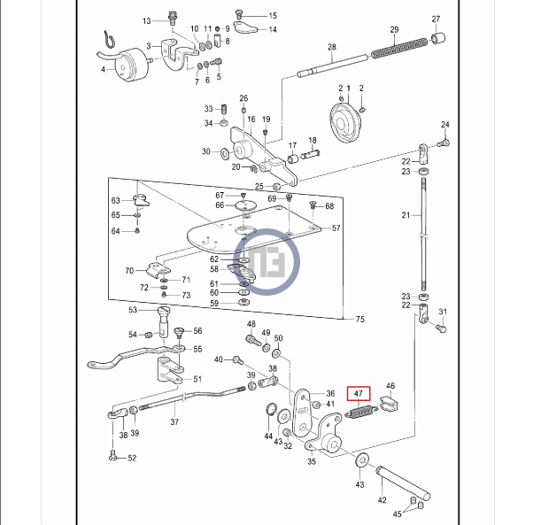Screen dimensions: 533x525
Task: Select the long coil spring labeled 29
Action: (x=399, y=49)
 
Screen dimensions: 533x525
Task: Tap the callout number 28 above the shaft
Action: (x=332, y=47)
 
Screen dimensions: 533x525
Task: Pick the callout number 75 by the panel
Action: (x=360, y=319)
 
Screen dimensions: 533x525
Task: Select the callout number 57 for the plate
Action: (x=336, y=228)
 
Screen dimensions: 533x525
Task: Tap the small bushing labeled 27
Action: (x=438, y=38)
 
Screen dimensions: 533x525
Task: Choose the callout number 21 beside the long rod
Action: (x=406, y=215)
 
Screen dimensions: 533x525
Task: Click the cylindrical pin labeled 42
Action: (x=403, y=483)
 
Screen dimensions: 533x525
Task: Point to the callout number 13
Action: (x=146, y=21)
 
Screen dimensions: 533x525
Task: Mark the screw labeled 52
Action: (x=112, y=455)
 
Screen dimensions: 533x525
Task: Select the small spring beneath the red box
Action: (x=361, y=412)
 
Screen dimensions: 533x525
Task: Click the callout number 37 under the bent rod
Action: (x=174, y=422)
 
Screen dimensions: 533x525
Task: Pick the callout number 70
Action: (x=129, y=271)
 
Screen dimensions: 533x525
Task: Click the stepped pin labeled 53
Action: (x=164, y=321)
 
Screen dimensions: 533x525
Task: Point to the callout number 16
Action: (x=251, y=120)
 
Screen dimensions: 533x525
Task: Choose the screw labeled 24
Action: (x=444, y=143)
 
